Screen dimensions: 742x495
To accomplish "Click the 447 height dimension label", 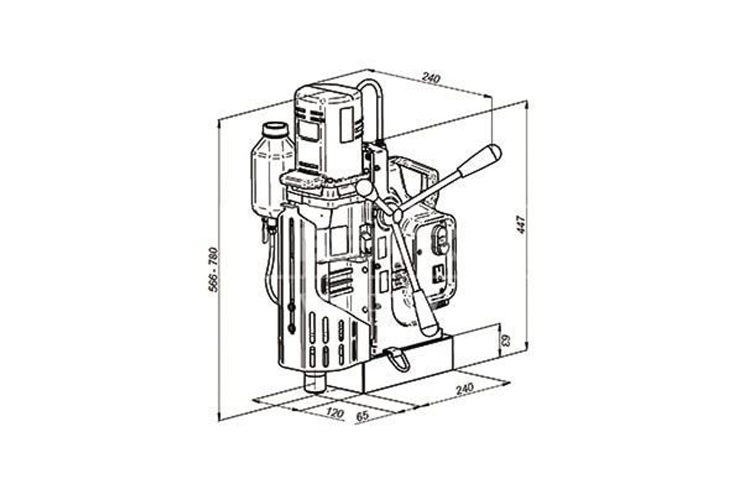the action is coord(522,224).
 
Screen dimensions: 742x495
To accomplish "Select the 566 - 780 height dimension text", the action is coord(214,269).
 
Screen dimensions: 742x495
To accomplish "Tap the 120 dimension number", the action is coord(334,413).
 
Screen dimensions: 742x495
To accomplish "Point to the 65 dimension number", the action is coord(362,416).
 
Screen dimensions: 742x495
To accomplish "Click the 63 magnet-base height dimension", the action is coord(506,340).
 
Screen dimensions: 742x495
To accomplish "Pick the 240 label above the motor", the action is coord(431,78).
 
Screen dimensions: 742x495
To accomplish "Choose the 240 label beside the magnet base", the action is coord(464,389).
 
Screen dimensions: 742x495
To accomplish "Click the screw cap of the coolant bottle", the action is coord(275,129).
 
